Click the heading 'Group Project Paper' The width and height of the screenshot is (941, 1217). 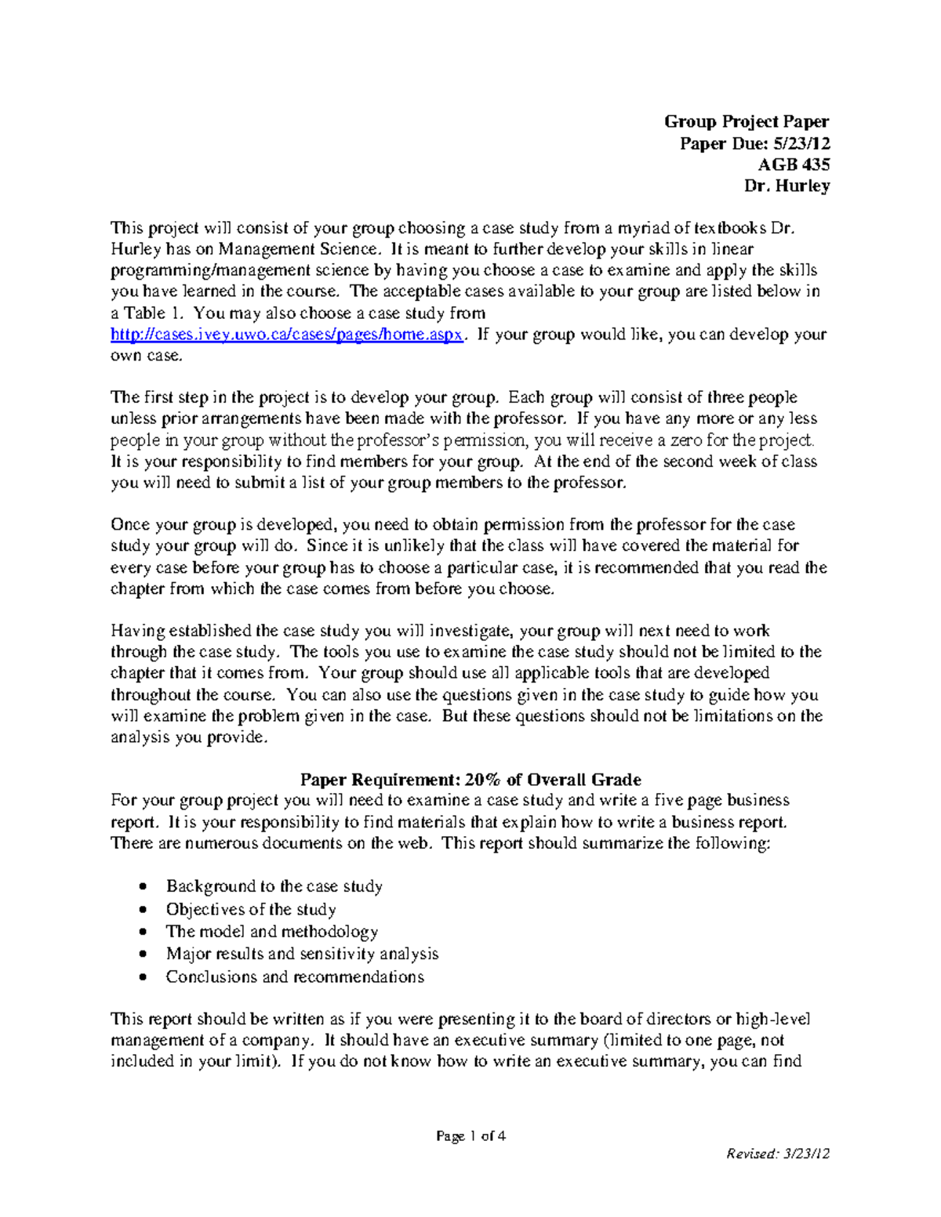[746, 121]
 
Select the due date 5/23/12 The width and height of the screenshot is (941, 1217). [801, 143]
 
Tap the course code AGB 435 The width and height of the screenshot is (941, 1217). [793, 165]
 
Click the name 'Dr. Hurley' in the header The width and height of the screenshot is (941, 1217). [787, 187]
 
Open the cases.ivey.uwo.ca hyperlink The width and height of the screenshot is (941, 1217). [287, 335]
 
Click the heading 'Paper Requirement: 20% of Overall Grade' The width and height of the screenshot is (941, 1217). [470, 780]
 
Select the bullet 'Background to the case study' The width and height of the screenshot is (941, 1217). [274, 886]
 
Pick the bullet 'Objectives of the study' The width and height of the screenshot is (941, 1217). [251, 909]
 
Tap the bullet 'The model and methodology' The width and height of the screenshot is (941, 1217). [271, 932]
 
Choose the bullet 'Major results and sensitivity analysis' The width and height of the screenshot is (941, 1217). [302, 954]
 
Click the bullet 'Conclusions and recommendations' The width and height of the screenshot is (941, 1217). [295, 976]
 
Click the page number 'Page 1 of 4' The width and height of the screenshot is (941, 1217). [470, 1136]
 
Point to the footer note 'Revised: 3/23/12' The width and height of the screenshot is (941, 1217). [777, 1154]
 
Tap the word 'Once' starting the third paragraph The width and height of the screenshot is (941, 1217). [129, 524]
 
